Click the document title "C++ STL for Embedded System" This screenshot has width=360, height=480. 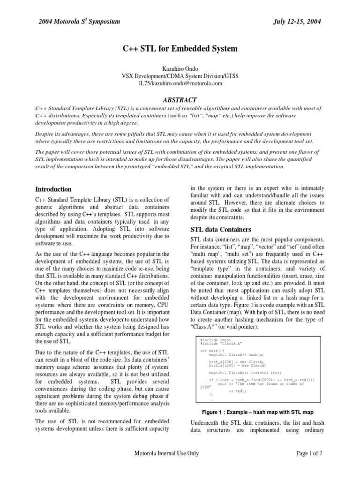(180, 48)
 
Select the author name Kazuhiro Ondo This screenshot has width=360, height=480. (180, 68)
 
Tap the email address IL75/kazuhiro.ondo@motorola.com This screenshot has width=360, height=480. (180, 83)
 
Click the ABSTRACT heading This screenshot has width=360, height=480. (180, 99)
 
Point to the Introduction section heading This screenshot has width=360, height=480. (54, 189)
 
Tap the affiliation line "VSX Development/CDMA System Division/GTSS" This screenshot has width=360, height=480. (180, 76)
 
